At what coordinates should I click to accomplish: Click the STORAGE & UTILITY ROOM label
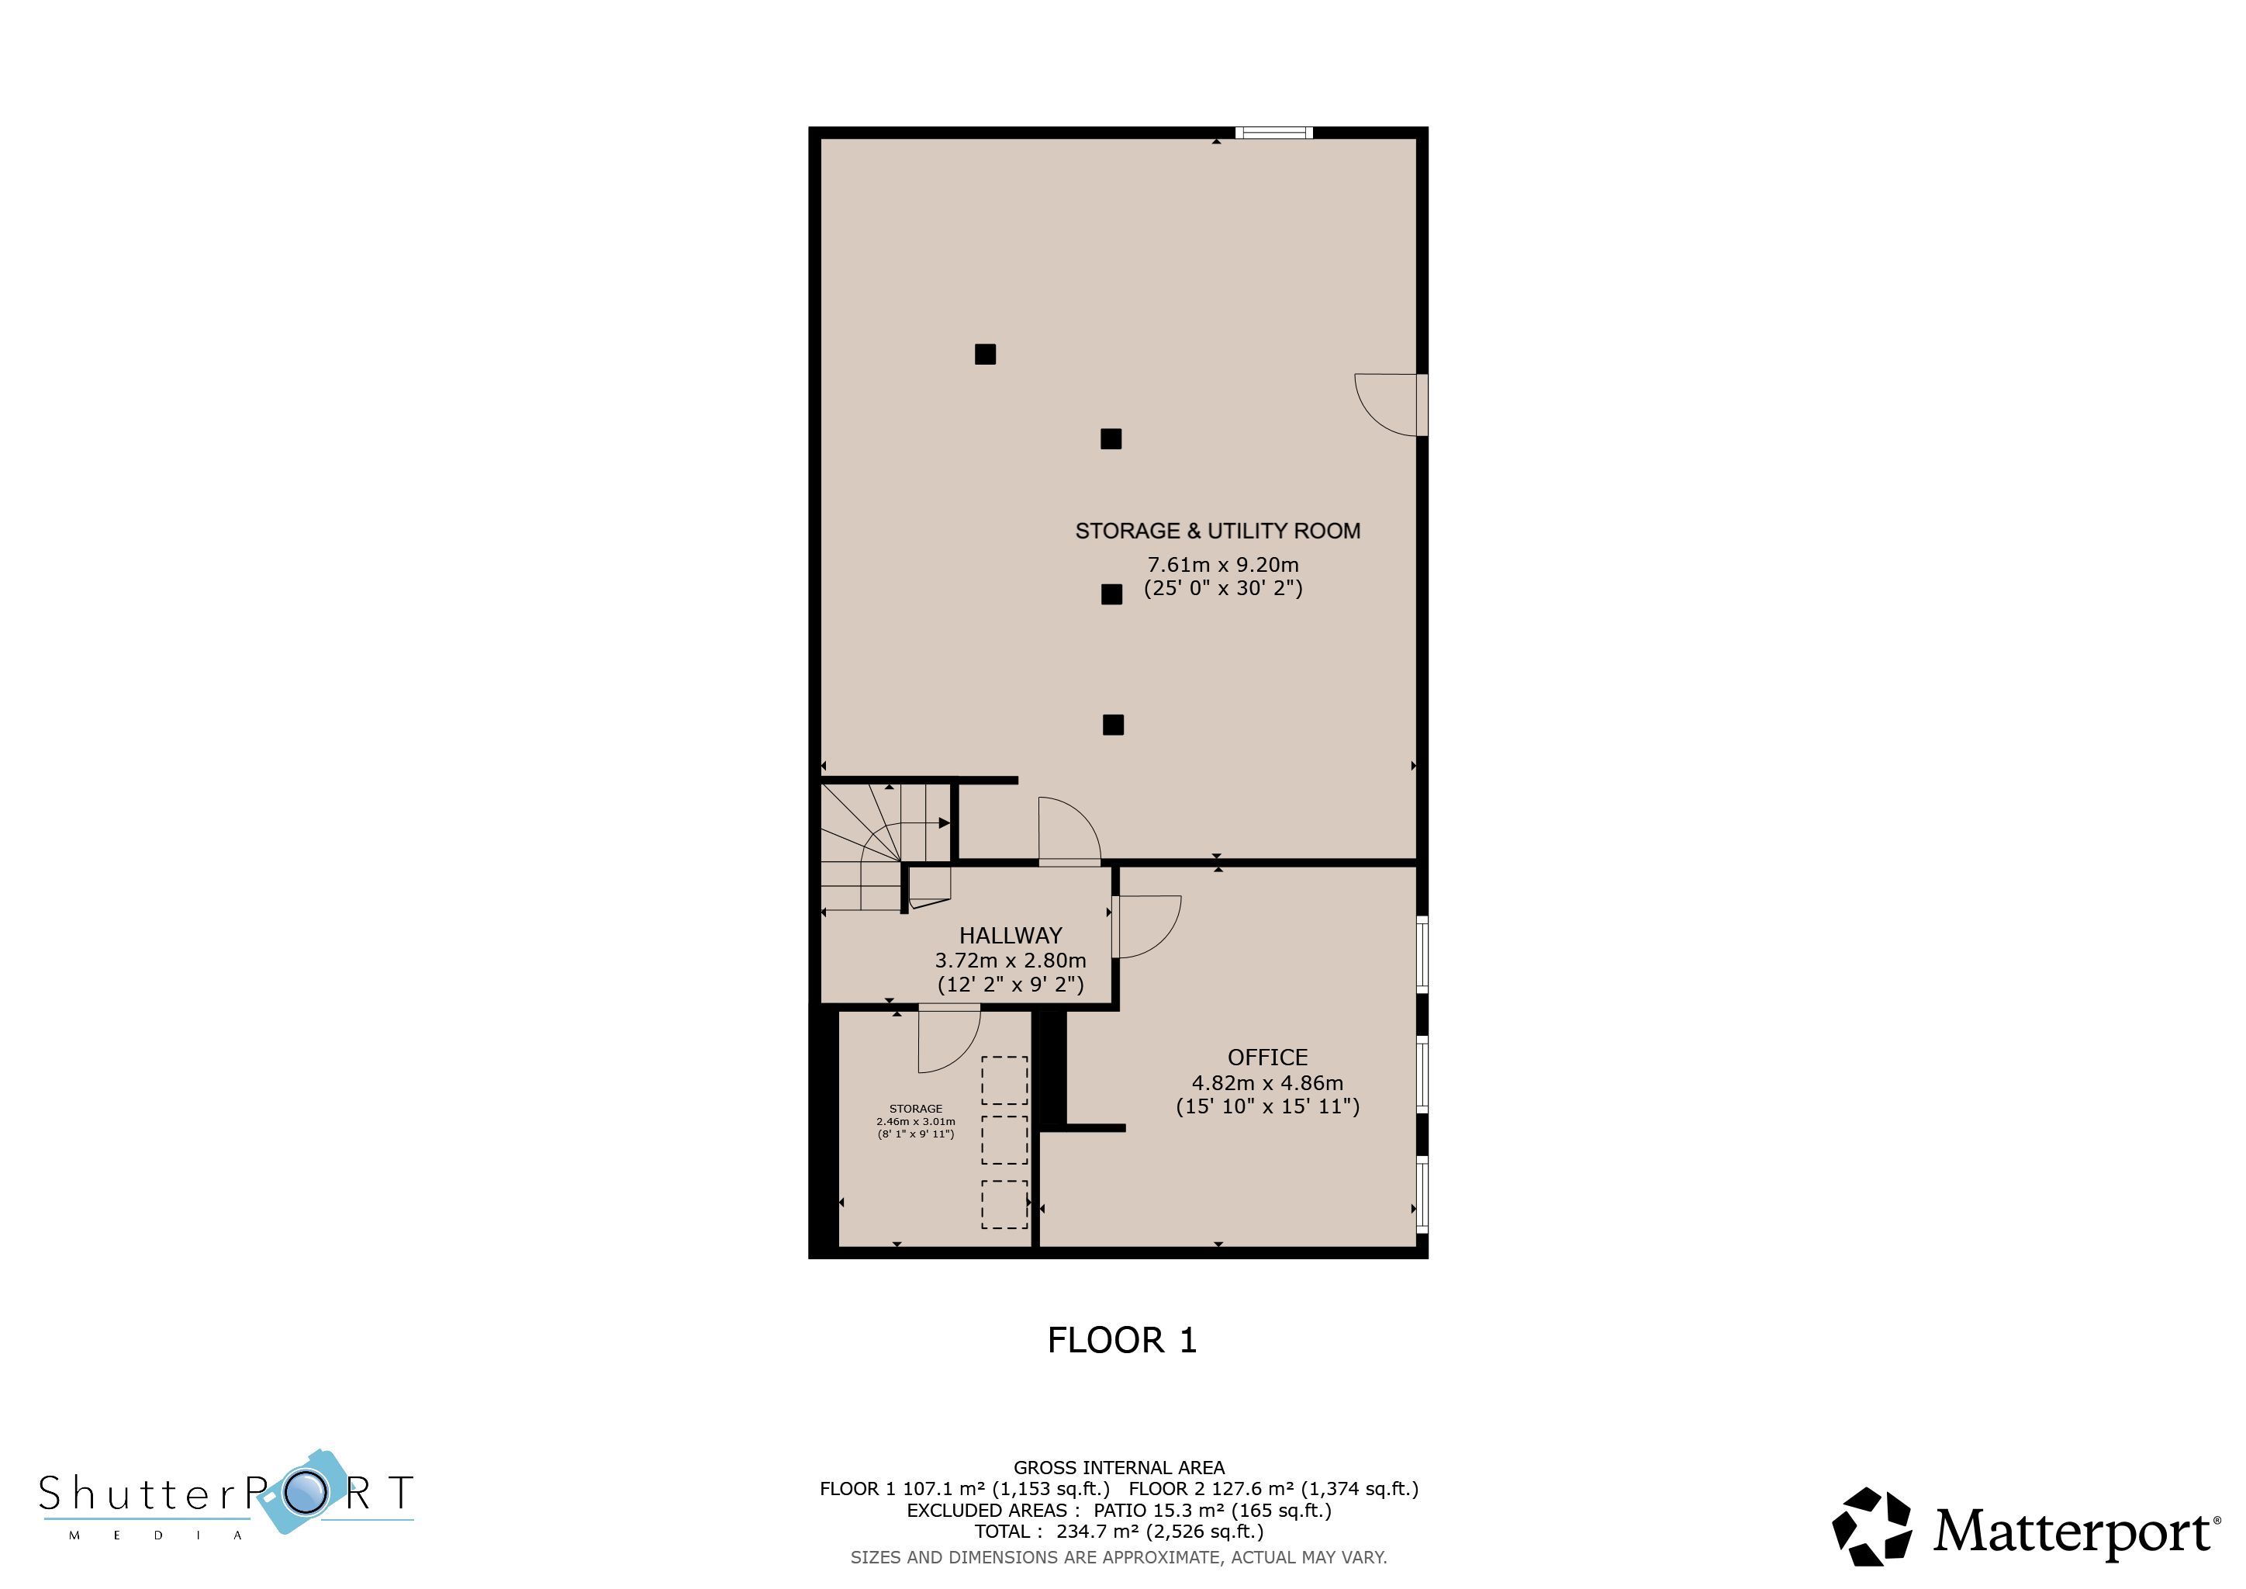[1218, 531]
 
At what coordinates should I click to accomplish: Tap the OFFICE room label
[1268, 1058]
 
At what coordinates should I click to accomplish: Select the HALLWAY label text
[1011, 936]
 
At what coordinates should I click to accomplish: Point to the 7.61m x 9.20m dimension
[1223, 565]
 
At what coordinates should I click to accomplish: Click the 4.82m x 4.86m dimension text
[1268, 1083]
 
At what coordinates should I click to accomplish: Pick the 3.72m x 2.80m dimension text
[1011, 961]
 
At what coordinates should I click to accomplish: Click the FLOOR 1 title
[1122, 1341]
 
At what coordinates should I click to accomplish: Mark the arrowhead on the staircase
[944, 823]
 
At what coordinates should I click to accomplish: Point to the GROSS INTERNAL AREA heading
[1119, 1468]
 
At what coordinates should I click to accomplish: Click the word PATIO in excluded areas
[1120, 1511]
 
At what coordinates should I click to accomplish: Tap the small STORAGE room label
[916, 1110]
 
